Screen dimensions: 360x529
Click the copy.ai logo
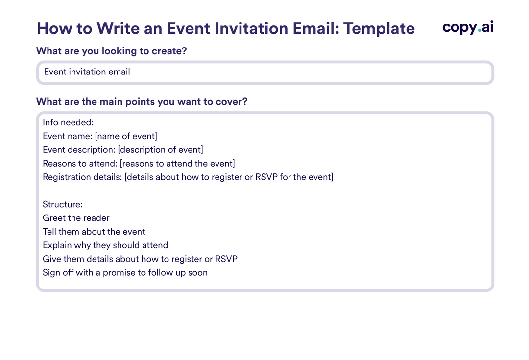click(468, 28)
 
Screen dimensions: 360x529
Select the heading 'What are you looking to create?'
click(112, 51)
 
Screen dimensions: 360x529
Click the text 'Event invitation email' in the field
click(87, 72)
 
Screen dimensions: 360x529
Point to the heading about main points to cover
click(142, 102)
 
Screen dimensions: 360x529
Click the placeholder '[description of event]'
click(160, 150)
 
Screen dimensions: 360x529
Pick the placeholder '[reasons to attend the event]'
click(177, 163)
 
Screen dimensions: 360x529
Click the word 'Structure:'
click(63, 204)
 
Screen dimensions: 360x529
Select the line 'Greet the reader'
click(76, 218)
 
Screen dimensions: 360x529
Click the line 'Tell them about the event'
click(94, 232)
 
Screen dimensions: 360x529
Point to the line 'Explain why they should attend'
click(105, 245)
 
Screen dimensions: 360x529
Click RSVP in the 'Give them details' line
click(226, 259)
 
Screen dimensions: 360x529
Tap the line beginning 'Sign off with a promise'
click(125, 273)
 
